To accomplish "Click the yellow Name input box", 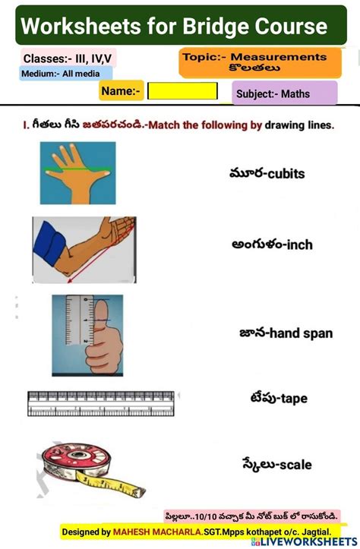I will [x=182, y=92].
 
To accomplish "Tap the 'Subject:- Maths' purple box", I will [x=284, y=93].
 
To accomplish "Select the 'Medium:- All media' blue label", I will [x=66, y=74].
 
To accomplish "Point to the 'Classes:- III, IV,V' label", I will [x=68, y=58].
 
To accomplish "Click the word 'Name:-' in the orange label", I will [x=122, y=91].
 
